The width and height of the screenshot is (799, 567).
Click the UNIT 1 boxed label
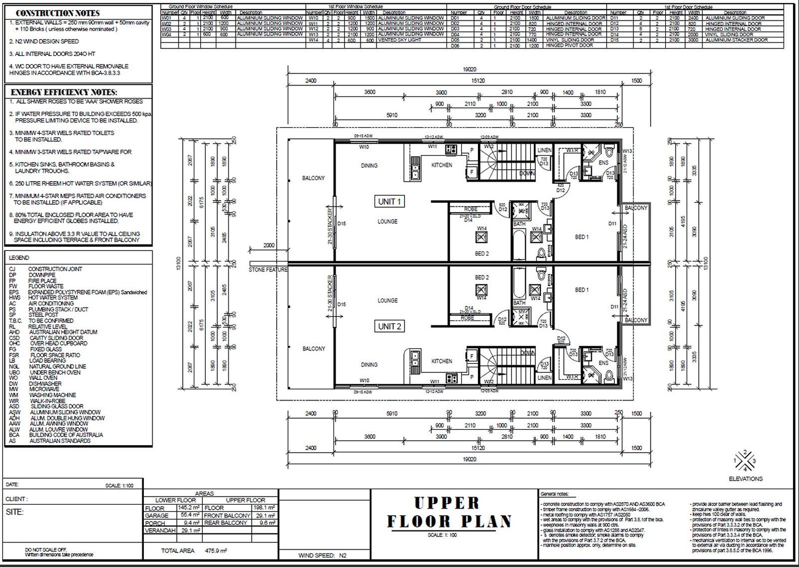(x=389, y=202)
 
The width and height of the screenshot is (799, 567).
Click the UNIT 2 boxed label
(x=389, y=327)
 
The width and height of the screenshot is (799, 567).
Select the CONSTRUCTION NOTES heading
(x=58, y=13)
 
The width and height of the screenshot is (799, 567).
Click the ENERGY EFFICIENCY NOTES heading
(x=64, y=92)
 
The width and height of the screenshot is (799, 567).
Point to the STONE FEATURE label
(x=268, y=270)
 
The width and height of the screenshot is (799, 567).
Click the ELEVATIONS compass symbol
(x=745, y=460)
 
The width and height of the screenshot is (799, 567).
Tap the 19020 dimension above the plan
(x=469, y=69)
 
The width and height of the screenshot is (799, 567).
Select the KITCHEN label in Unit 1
(x=441, y=165)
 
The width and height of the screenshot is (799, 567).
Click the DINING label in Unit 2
(x=369, y=365)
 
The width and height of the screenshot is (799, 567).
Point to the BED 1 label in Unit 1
(x=582, y=237)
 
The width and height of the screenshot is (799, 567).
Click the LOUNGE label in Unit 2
(x=387, y=301)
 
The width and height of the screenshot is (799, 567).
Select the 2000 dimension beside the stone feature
(x=269, y=246)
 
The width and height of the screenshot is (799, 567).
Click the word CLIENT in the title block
(x=17, y=499)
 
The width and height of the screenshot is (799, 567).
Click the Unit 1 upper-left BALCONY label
(x=313, y=178)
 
